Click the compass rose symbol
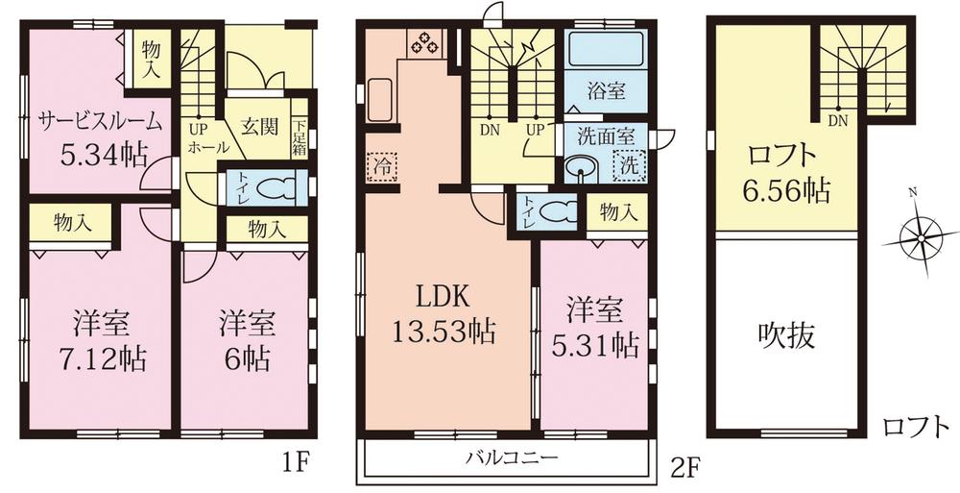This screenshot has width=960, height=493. (x=919, y=234)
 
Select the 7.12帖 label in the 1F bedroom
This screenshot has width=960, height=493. (x=99, y=358)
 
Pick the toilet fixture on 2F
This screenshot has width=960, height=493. (x=555, y=210)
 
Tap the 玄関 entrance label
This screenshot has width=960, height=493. (x=257, y=125)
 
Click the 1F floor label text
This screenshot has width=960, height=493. (x=296, y=463)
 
